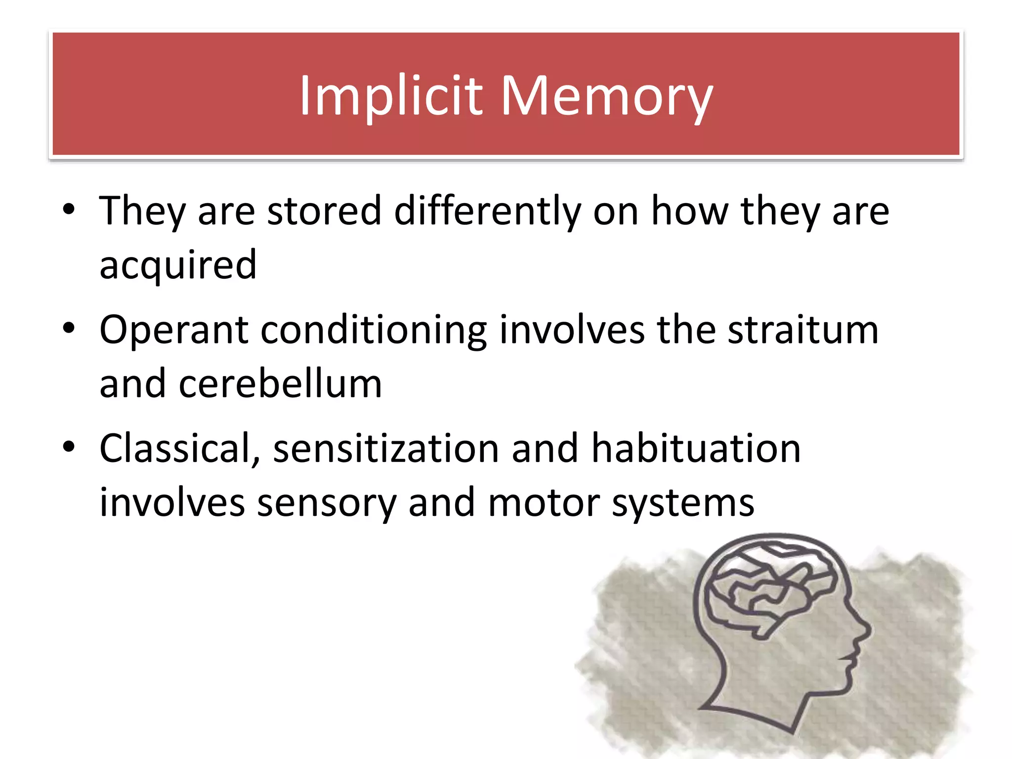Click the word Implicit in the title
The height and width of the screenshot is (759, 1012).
tap(390, 96)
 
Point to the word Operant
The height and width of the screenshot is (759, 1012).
tap(173, 331)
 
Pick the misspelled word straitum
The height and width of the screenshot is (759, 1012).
tap(803, 330)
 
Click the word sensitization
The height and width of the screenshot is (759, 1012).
tap(386, 449)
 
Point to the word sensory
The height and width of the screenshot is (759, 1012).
tap(327, 503)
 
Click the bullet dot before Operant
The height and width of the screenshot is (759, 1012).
tap(69, 328)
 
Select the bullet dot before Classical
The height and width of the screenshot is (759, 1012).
tap(69, 446)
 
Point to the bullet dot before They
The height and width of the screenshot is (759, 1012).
tap(69, 209)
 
